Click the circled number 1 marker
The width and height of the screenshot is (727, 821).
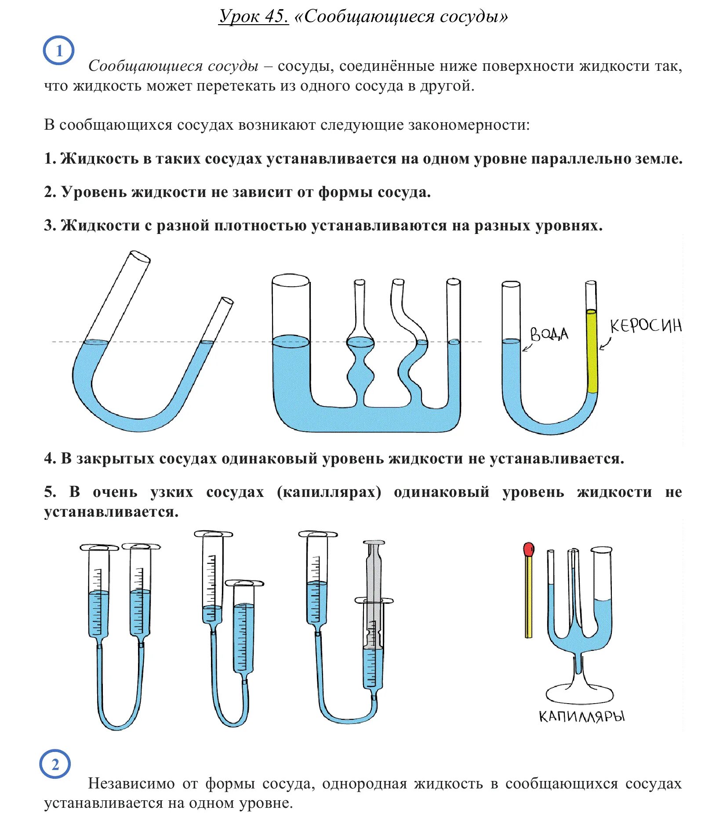[58, 51]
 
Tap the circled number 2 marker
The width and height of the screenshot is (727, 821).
[55, 765]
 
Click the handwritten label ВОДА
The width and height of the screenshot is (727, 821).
[549, 334]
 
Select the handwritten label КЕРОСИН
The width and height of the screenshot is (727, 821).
[645, 326]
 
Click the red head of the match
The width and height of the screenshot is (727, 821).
[529, 549]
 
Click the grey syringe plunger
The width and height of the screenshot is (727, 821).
[374, 594]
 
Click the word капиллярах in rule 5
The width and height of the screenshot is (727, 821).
[329, 492]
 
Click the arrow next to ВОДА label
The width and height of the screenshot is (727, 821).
[527, 347]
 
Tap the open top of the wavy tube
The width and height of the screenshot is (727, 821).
[398, 282]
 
